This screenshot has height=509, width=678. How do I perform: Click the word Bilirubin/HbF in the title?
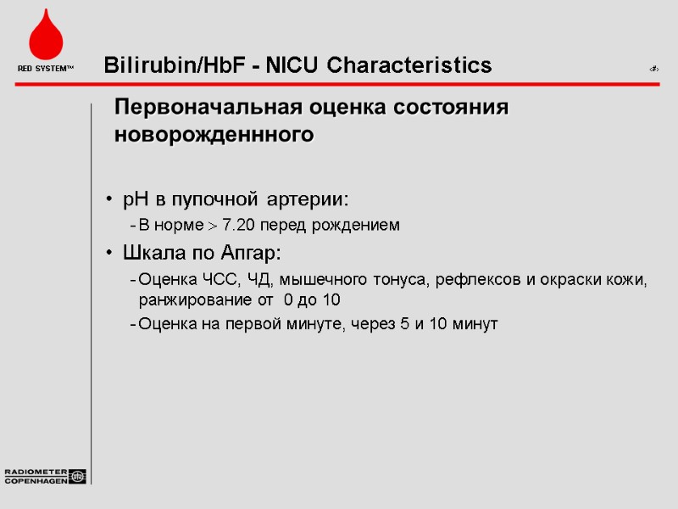pyautogui.click(x=171, y=65)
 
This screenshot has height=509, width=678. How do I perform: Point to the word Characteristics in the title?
pyautogui.click(x=408, y=65)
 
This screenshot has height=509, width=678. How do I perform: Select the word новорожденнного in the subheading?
pyautogui.click(x=214, y=135)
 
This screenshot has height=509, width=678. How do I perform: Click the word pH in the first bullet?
pyautogui.click(x=136, y=199)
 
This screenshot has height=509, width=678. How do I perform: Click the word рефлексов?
pyautogui.click(x=467, y=280)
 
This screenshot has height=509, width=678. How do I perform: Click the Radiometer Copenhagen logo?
pyautogui.click(x=45, y=476)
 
